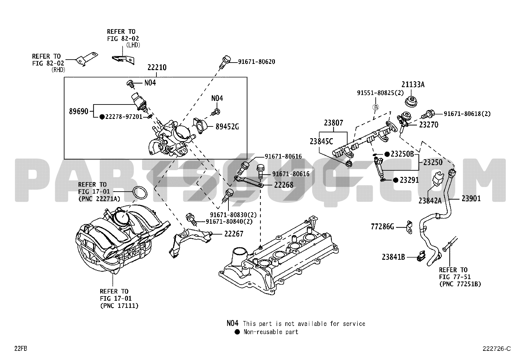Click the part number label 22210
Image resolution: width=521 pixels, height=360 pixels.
[x=157, y=68]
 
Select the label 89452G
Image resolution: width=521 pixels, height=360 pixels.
[x=227, y=126]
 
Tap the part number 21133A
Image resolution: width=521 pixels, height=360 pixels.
[x=413, y=85]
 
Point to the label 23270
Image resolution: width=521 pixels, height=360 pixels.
[x=429, y=125]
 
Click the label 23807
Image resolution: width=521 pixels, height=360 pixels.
[x=333, y=123]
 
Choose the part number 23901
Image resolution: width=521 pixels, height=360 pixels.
[x=471, y=198]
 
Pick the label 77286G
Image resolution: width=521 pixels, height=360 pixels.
[x=383, y=226]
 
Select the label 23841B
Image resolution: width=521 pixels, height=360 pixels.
[x=393, y=257]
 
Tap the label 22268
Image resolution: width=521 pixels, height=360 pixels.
[x=284, y=185]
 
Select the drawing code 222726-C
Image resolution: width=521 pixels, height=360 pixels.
[x=496, y=349]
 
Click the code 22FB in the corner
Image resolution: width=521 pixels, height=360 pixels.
[x=20, y=349]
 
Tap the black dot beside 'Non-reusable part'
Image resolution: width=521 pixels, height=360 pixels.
[x=237, y=332]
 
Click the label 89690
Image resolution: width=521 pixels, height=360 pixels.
[x=79, y=111]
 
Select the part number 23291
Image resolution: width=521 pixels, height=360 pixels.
[x=409, y=180]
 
